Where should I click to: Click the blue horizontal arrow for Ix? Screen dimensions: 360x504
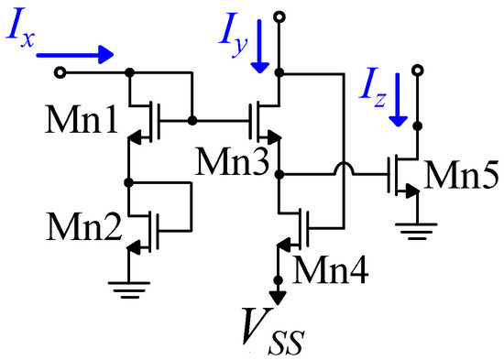pyautogui.click(x=78, y=54)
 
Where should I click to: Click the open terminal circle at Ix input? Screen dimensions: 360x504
pyautogui.click(x=61, y=71)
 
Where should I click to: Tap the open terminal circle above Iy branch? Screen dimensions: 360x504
pyautogui.click(x=280, y=16)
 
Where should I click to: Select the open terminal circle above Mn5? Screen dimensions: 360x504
pyautogui.click(x=418, y=71)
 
